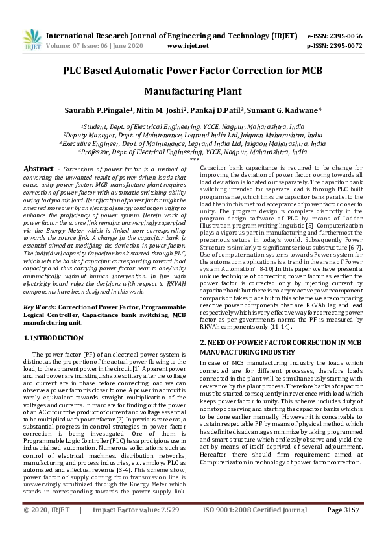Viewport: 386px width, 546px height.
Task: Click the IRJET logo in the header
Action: point(32,38)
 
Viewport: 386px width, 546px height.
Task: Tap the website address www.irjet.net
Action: point(188,46)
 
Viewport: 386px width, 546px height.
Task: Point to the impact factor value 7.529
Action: point(168,528)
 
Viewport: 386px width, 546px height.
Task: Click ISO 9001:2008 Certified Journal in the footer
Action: point(255,528)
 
